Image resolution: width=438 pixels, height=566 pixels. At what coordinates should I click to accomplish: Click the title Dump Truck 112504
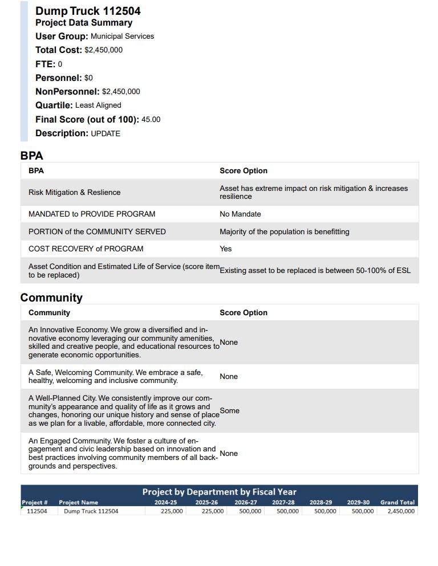coord(88,11)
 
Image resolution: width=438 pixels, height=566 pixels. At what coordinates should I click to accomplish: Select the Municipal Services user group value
coord(122,36)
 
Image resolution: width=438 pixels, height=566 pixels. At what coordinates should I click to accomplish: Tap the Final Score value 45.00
coord(151,120)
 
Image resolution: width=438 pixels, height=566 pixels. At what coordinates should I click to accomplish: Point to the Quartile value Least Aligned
coord(98,105)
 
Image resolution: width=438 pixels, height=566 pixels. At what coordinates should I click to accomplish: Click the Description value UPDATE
coord(106,134)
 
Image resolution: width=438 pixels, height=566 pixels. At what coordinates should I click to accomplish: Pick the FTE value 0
coord(60,64)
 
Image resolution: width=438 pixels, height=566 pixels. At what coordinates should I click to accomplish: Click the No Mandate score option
coord(240,214)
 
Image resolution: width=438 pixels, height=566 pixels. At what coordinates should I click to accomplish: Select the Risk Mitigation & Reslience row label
coord(74,193)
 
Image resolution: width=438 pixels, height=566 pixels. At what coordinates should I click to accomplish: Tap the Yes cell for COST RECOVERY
coord(226,249)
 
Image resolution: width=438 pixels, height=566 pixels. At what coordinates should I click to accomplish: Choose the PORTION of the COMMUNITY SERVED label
coord(97,232)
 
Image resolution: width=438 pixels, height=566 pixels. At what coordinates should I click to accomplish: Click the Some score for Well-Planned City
coord(229,411)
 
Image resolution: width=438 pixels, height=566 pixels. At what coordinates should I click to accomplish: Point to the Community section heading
coord(51,298)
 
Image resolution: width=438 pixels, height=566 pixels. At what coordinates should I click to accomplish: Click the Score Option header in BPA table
coord(244,171)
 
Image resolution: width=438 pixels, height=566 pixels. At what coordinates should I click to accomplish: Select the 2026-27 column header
coord(246,503)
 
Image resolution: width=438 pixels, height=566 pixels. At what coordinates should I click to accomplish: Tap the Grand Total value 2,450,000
coord(400,511)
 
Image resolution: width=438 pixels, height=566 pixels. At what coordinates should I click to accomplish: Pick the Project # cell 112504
coord(37,511)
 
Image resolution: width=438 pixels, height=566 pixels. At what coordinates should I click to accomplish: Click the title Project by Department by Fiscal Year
coord(219,492)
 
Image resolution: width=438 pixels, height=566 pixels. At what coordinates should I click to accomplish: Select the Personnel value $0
coord(88,78)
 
